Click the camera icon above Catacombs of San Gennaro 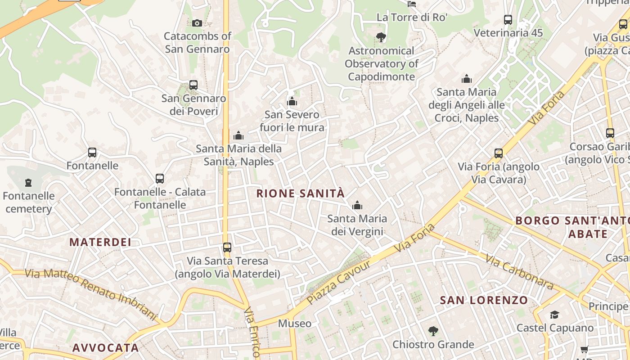pos(197,23)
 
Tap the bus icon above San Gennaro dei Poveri pos(193,85)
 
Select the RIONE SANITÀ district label pos(300,193)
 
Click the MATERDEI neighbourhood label pos(100,242)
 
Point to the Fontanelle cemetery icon pos(28,183)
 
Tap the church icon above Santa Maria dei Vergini pos(357,206)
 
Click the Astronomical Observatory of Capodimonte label pos(382,64)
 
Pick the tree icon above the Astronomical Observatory pos(381,37)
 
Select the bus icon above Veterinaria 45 pos(508,20)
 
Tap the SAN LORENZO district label pos(484,300)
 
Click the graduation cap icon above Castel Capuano pos(554,315)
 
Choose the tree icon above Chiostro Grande pos(433,332)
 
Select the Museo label pos(294,324)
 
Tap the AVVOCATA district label pos(106,348)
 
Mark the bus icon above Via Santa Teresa pos(227,247)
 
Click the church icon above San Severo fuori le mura pos(292,101)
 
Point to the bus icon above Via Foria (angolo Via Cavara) pos(499,153)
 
